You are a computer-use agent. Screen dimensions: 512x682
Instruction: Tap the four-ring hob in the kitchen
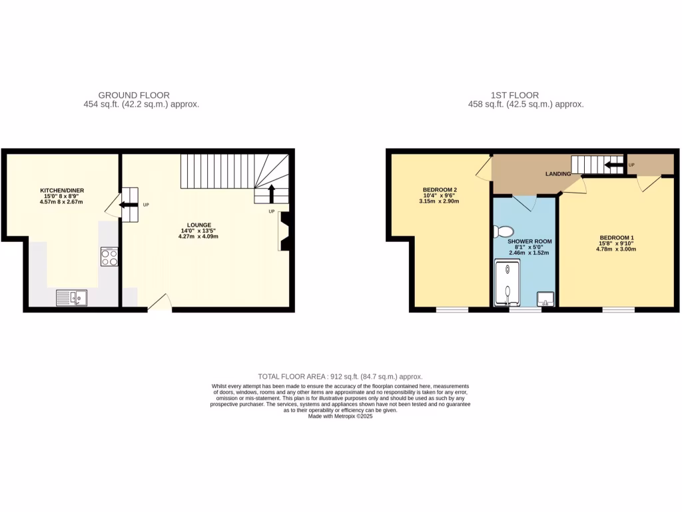point(109,257)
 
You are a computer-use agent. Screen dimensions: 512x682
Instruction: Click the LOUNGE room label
point(200,225)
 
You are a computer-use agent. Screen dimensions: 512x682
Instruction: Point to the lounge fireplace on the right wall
point(284,231)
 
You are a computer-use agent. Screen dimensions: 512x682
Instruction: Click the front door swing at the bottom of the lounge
point(159,303)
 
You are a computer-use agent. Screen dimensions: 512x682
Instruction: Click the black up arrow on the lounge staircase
point(271,193)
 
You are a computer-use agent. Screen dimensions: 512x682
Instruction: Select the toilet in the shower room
point(502,231)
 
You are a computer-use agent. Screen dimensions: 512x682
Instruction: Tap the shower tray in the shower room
point(507,285)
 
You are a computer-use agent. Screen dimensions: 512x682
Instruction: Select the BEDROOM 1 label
point(617,238)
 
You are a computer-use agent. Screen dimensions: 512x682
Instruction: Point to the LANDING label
point(557,174)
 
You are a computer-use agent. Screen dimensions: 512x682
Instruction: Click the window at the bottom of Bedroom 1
point(618,309)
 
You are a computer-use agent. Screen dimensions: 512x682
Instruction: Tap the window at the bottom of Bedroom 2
point(452,309)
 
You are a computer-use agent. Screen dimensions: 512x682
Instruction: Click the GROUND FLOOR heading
point(134,95)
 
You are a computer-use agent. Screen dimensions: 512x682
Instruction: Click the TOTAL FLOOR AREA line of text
point(340,377)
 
